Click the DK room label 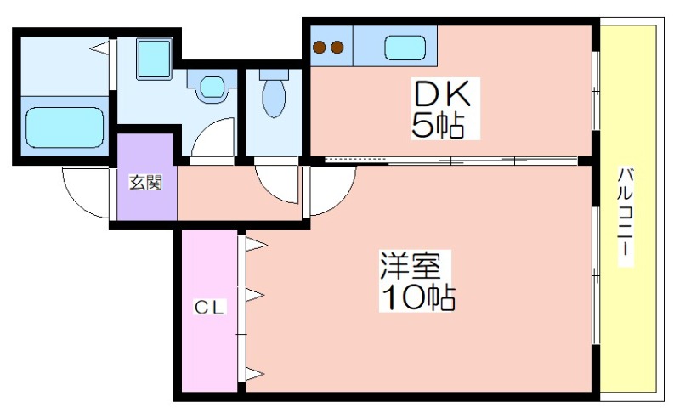(442, 94)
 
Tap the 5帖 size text (438, 125)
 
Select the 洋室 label (411, 265)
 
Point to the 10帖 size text (417, 297)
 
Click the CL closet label (209, 308)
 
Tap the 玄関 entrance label (145, 183)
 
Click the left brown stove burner (320, 48)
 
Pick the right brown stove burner (337, 48)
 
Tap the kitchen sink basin (405, 48)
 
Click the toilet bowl (274, 98)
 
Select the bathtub (65, 127)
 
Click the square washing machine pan (154, 59)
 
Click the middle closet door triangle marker (255, 296)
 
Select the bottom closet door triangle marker (255, 373)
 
